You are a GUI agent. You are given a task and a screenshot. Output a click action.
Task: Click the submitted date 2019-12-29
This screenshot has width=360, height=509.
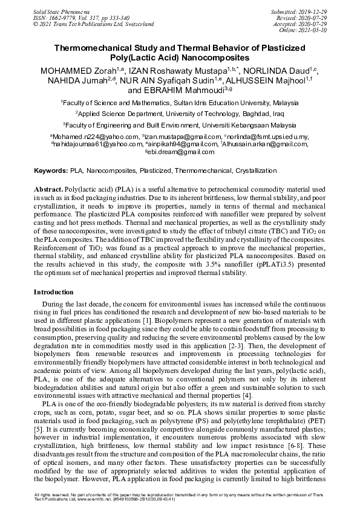point(313,11)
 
